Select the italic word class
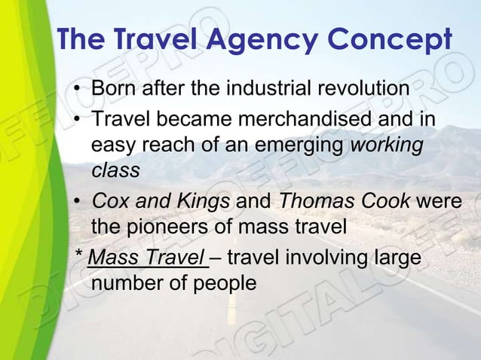pos(115,170)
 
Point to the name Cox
pos(109,203)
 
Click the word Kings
pos(204,203)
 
